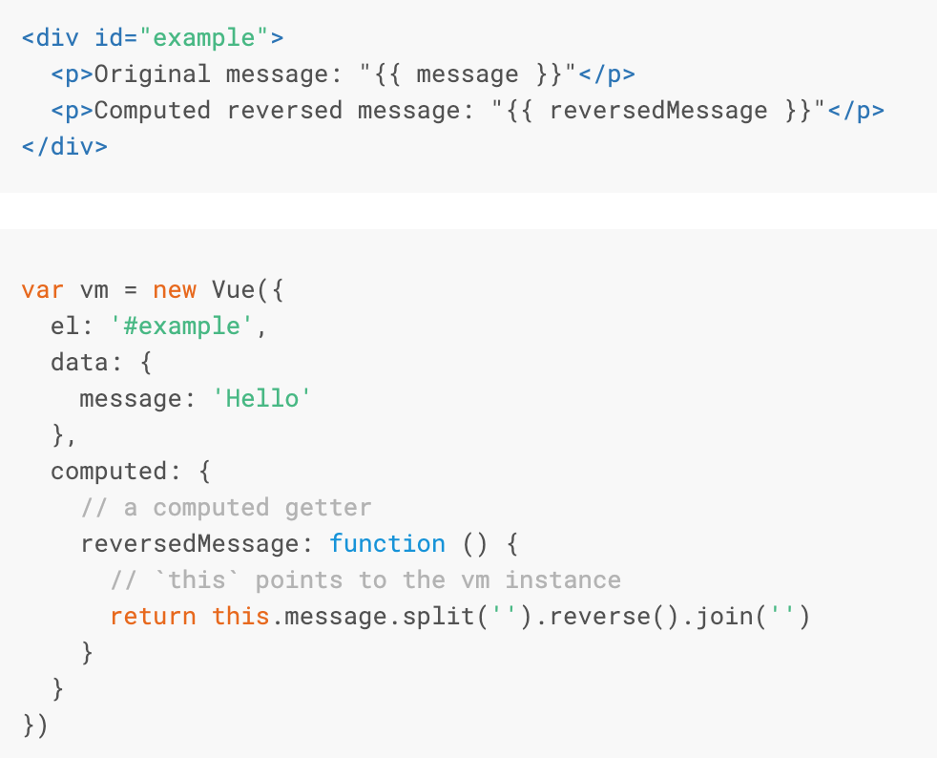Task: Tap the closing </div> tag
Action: [x=65, y=147]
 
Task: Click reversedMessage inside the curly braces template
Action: [x=658, y=111]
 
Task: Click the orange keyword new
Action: [x=175, y=289]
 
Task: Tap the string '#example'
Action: [x=182, y=326]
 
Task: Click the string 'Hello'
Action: [x=262, y=398]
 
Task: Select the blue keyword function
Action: [x=387, y=544]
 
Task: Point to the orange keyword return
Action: [x=153, y=617]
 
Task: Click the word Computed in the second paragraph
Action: [x=153, y=111]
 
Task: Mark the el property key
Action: [x=65, y=326]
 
